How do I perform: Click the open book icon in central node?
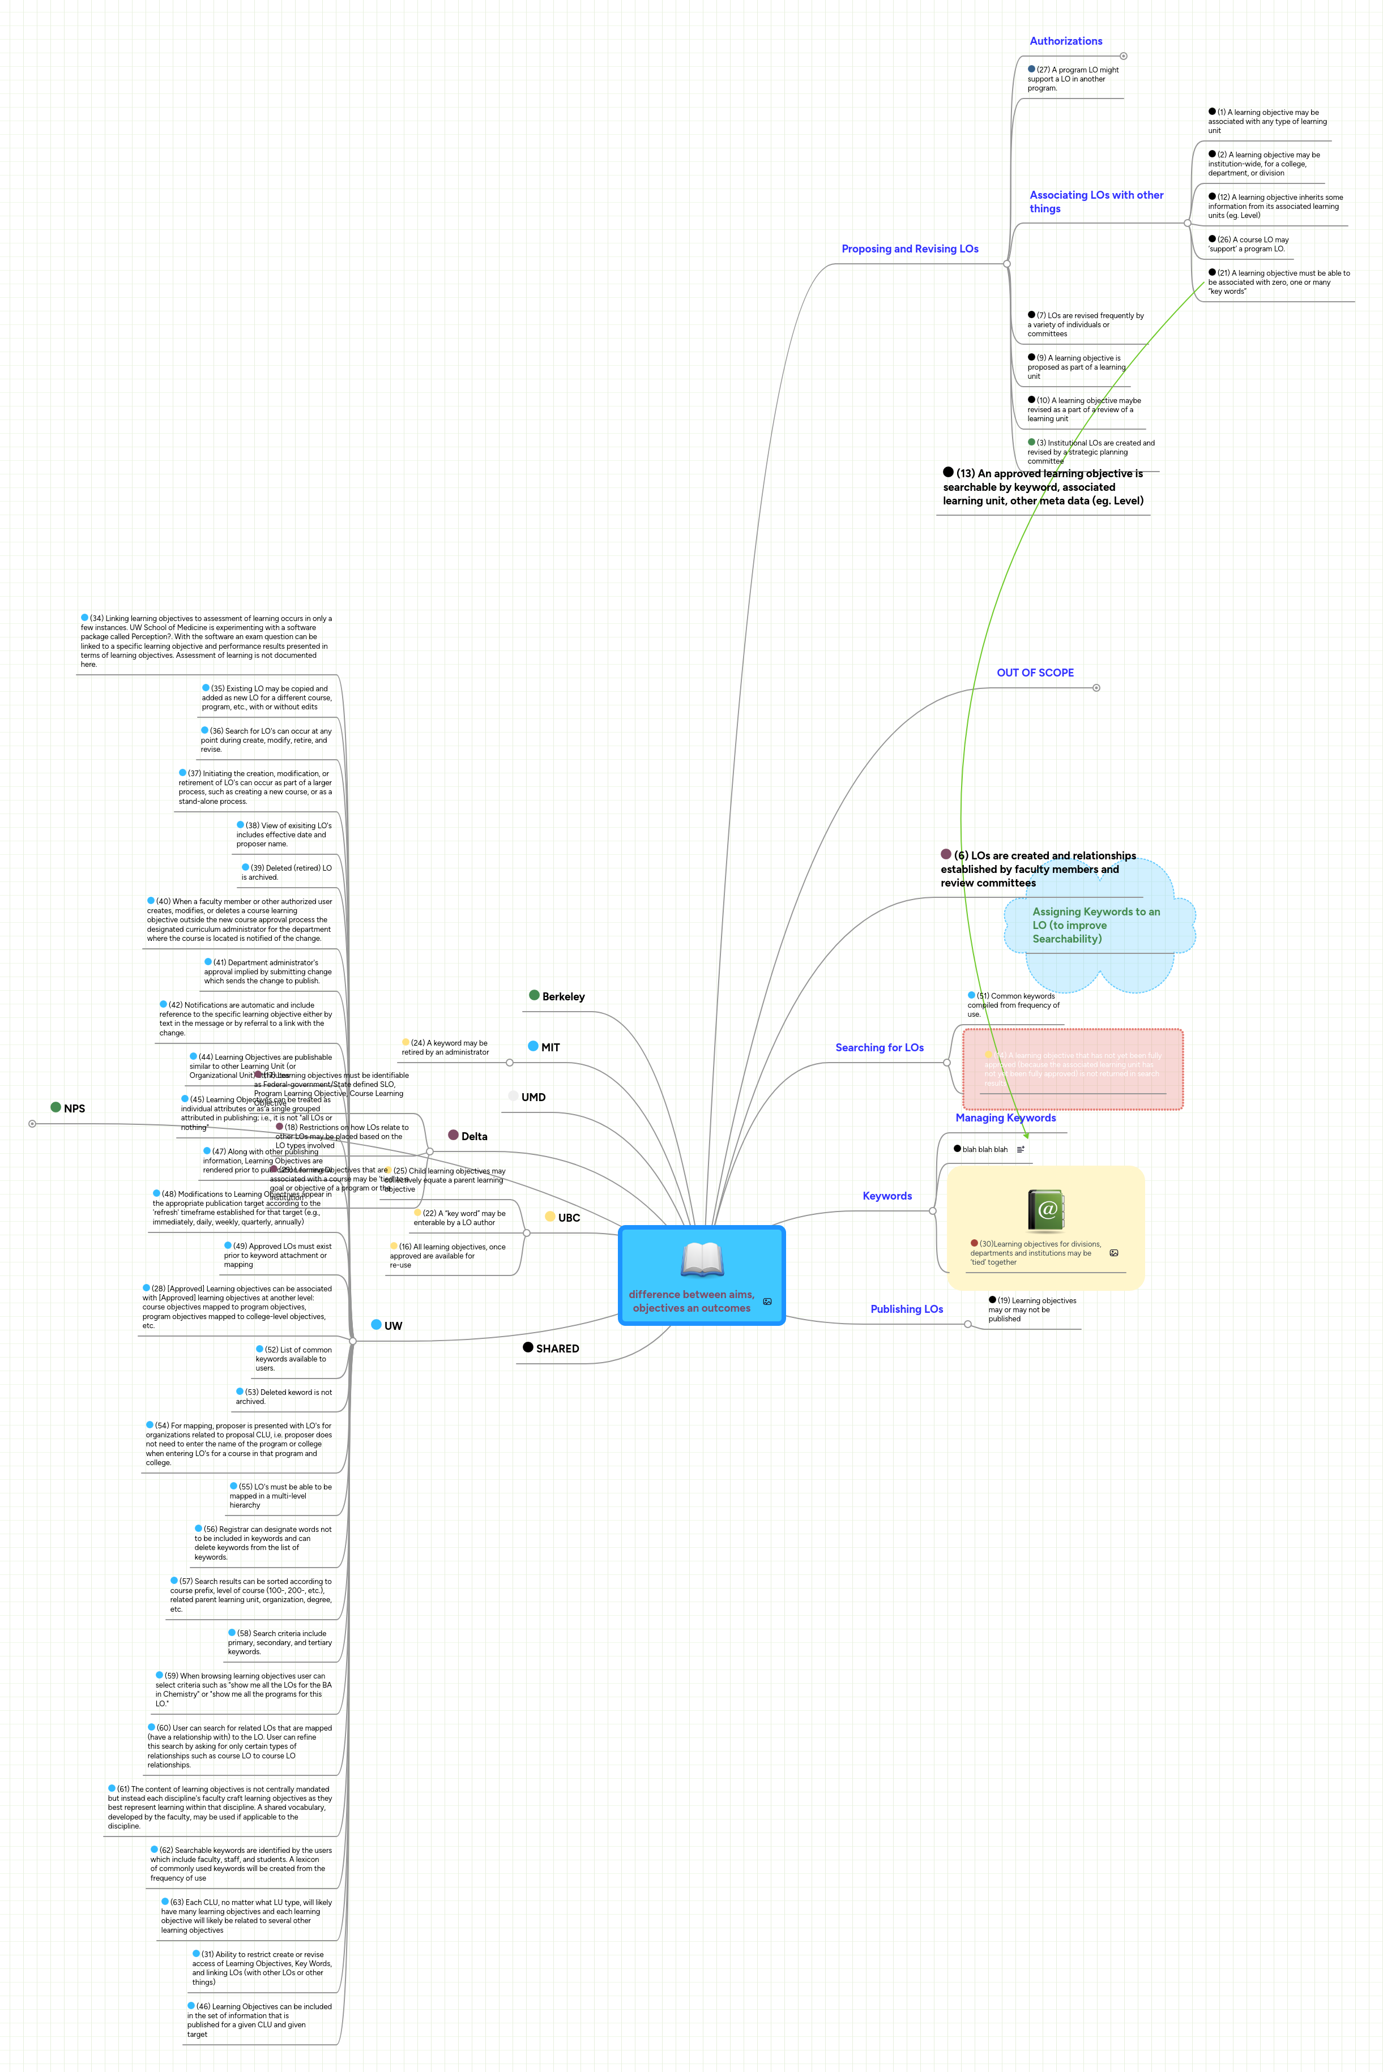click(702, 1259)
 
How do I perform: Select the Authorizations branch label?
click(1065, 41)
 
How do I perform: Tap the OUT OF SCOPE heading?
click(1035, 673)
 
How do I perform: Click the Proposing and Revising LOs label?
click(910, 249)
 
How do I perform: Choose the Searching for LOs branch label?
click(880, 1047)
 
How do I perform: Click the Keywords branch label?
click(886, 1196)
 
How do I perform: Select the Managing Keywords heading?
click(1005, 1118)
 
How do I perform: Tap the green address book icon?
click(1046, 1210)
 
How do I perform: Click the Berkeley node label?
click(563, 997)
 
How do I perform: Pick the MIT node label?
click(550, 1047)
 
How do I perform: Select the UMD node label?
click(533, 1098)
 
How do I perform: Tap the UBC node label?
click(569, 1218)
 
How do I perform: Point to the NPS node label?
click(74, 1108)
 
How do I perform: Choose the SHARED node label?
click(557, 1349)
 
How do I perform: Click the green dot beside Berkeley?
click(533, 995)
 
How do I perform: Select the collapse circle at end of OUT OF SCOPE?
click(1096, 688)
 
